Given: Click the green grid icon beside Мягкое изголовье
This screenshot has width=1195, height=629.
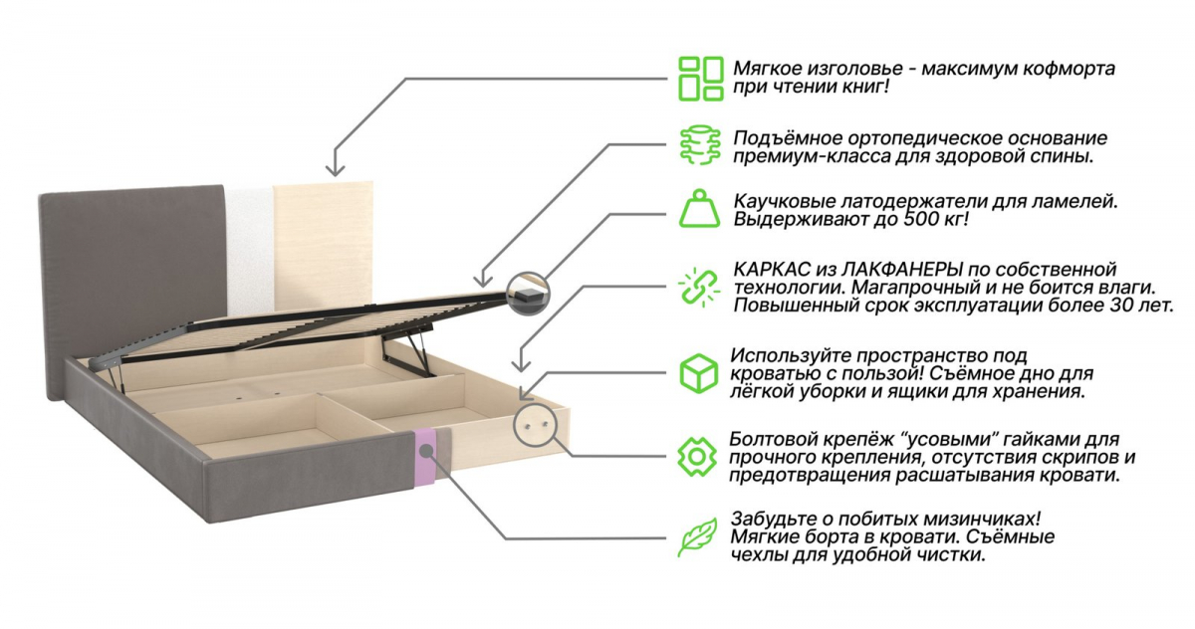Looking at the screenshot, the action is coord(701,79).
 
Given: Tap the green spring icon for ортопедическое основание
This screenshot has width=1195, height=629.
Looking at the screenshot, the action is coord(700,145).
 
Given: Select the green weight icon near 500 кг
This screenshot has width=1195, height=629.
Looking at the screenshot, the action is coord(700,208).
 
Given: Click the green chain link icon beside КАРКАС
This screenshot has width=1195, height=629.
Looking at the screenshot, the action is coord(699,288).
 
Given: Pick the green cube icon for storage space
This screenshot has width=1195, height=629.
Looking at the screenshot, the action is coord(699,373).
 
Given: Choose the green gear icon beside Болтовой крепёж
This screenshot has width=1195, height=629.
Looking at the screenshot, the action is coord(697,457).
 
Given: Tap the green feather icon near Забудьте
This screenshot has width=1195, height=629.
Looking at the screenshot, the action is coord(698,537).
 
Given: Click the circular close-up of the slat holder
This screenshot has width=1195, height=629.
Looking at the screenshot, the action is coord(528,294).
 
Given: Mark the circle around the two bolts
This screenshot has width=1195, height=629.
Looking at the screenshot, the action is coord(535,425).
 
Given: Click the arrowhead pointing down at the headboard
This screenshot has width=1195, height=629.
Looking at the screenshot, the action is coord(335,169).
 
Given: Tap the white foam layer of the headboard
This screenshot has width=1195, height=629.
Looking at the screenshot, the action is coord(250,250).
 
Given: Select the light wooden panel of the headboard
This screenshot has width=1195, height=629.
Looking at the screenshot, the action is coord(324,244).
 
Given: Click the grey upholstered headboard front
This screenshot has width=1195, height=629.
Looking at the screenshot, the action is coord(133,267).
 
